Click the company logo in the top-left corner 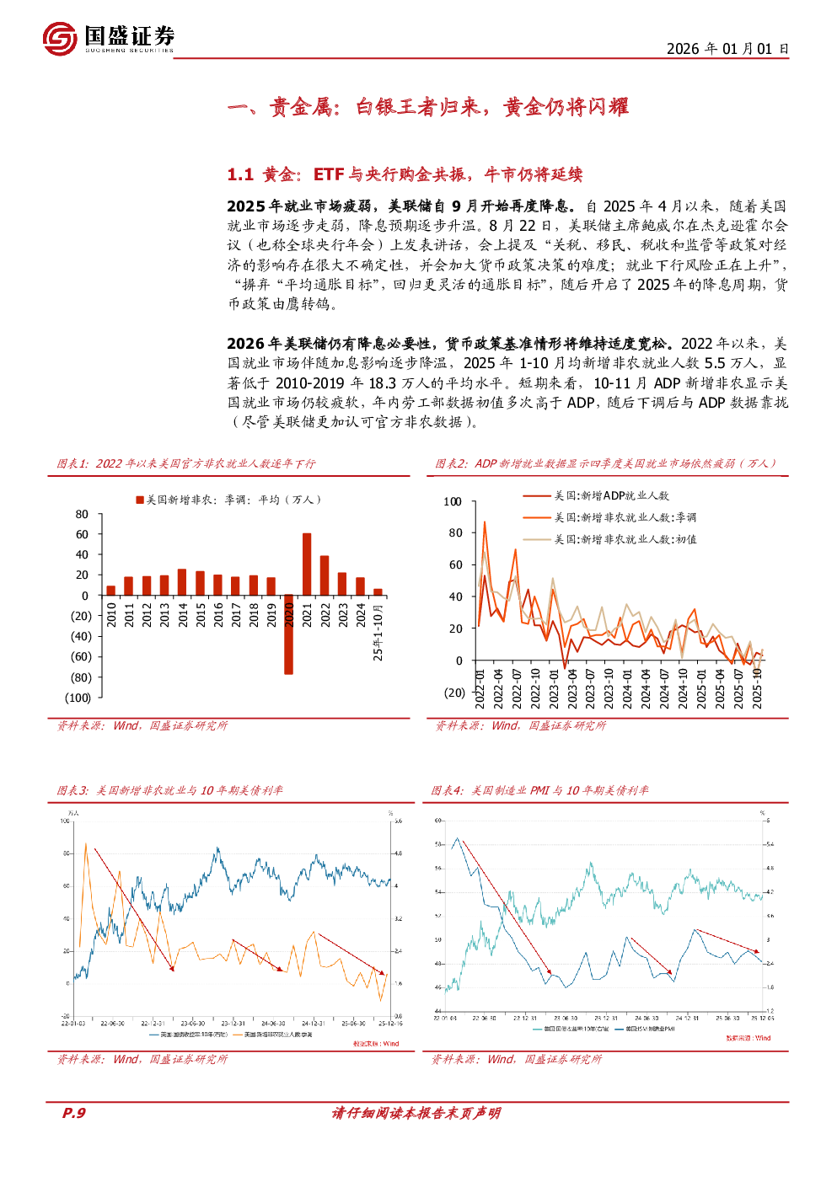click(x=60, y=39)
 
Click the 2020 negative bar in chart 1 click(x=288, y=634)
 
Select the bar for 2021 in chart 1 click(x=307, y=564)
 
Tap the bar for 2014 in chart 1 click(x=182, y=582)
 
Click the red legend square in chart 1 click(x=140, y=500)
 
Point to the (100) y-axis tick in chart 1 click(x=78, y=698)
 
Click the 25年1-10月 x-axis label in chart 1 click(x=378, y=632)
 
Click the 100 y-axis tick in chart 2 click(x=453, y=501)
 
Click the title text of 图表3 click(x=170, y=790)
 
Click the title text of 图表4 click(x=540, y=790)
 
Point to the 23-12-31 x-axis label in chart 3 click(x=233, y=1024)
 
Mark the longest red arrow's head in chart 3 click(x=173, y=970)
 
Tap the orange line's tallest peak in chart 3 click(x=85, y=844)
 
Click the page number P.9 click(x=74, y=1113)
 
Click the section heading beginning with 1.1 click(x=405, y=174)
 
